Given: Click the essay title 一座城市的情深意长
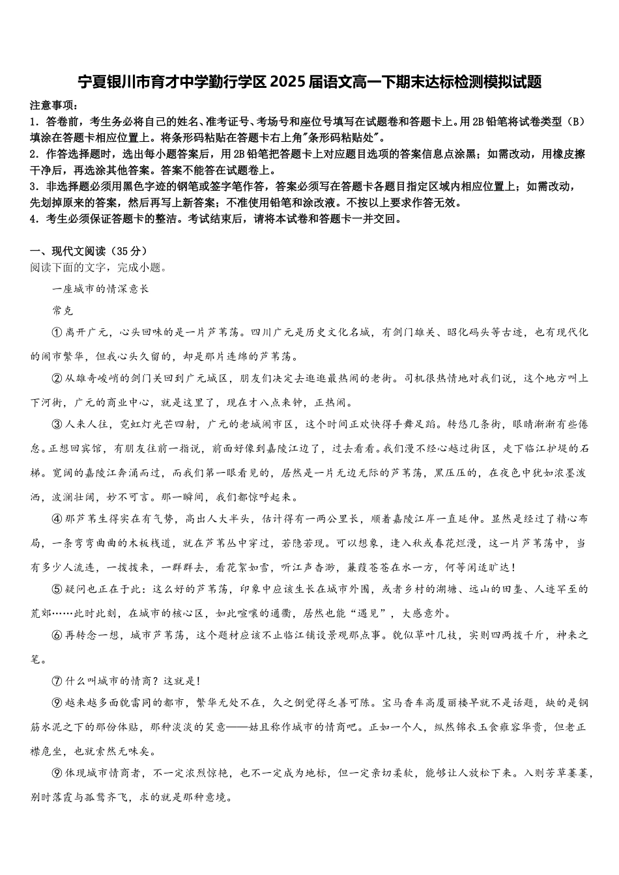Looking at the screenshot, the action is point(100,288).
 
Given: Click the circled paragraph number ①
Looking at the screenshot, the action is point(56,333).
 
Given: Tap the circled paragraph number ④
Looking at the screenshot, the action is point(56,520).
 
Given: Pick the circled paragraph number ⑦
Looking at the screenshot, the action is point(56,682).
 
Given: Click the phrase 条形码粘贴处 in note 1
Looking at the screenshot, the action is point(343,137).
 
